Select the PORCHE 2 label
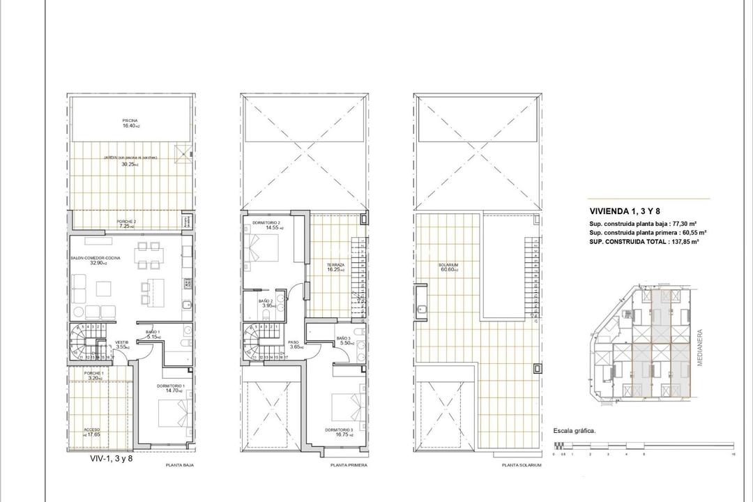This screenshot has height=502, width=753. coord(126,222)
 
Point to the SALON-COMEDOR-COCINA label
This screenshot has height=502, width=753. coord(96,258)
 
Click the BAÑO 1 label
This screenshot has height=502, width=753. coord(153,333)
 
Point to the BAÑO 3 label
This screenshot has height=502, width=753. coord(343,339)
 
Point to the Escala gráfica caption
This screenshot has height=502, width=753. coord(574,431)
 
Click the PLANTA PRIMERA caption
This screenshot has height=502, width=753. coord(349,464)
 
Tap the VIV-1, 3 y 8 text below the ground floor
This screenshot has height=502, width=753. coord(111,458)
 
